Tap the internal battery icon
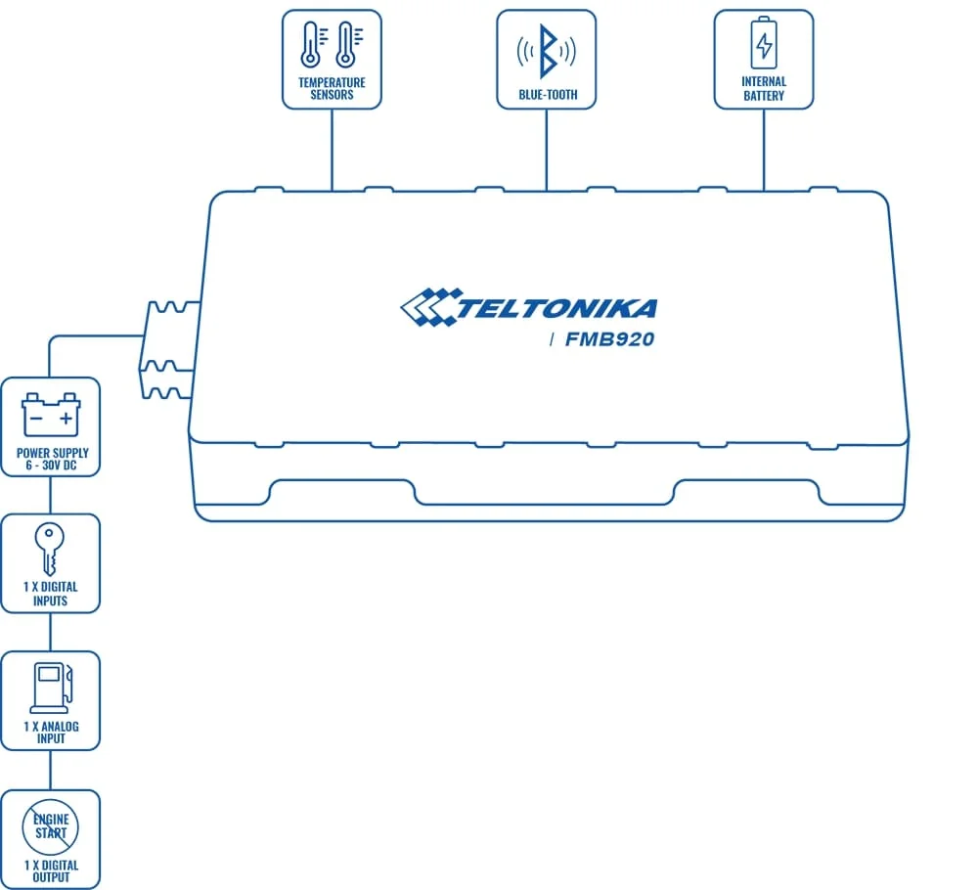(763, 43)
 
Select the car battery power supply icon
(51, 415)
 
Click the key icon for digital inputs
(50, 548)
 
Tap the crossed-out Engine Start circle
(51, 826)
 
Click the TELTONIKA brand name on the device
(557, 309)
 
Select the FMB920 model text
(609, 340)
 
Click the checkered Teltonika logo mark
(426, 307)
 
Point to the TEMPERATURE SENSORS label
(332, 88)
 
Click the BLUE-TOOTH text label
(548, 95)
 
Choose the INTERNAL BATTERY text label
(763, 88)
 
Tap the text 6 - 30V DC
(51, 465)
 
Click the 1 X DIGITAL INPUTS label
(50, 593)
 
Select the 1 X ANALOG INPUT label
(51, 732)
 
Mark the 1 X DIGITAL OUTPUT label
(51, 870)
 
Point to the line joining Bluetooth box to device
(547, 147)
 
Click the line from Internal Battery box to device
(763, 147)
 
